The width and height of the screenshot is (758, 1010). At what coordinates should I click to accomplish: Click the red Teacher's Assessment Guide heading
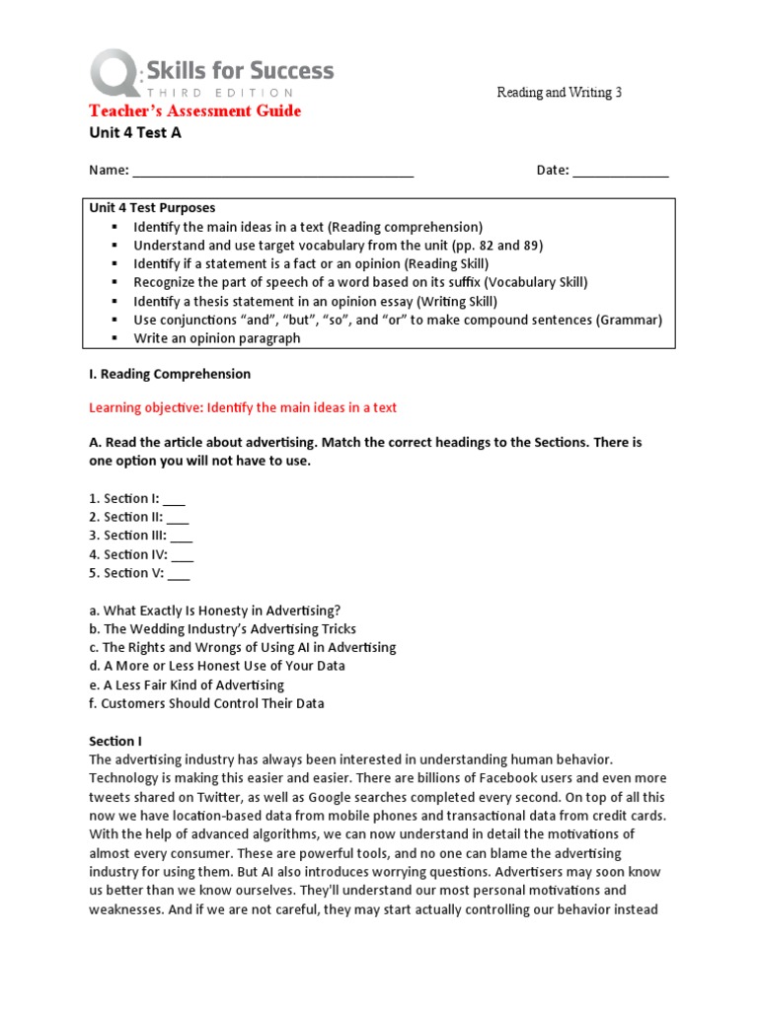click(195, 110)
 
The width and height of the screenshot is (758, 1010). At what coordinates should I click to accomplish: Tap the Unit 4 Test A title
click(135, 133)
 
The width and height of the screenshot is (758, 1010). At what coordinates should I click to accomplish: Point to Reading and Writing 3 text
click(559, 93)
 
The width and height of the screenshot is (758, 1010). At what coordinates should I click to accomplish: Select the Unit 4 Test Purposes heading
click(152, 208)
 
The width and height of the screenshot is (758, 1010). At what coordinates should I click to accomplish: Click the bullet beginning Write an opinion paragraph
click(217, 338)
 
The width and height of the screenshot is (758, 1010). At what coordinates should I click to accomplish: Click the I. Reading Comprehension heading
click(170, 375)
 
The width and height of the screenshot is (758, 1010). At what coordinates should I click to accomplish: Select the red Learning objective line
click(243, 407)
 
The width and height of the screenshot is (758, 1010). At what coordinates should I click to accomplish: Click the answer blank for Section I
click(174, 499)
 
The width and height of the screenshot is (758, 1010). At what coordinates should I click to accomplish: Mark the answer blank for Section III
click(182, 537)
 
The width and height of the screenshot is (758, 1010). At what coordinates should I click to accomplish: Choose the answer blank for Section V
click(179, 574)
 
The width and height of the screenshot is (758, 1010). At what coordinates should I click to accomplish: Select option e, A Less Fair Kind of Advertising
click(187, 685)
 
